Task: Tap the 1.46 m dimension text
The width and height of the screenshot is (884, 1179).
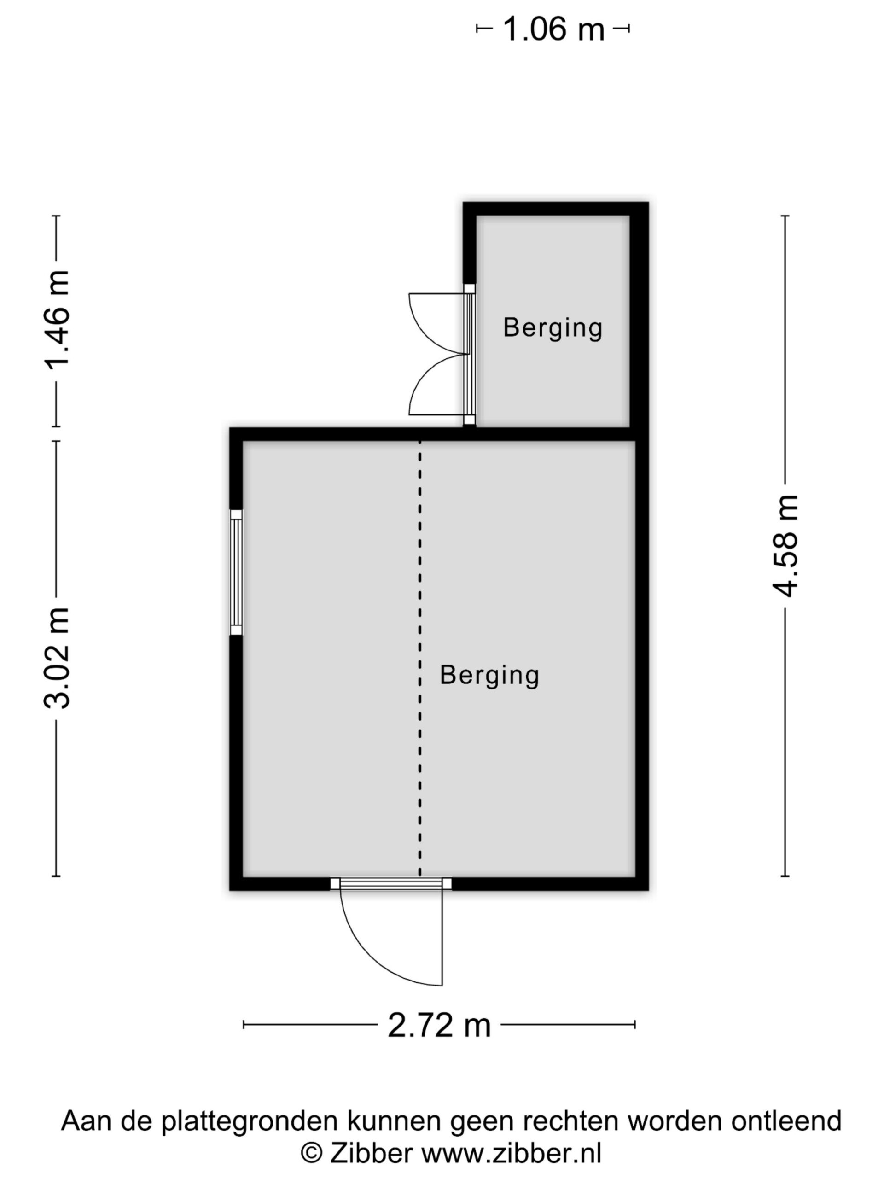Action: coord(57,320)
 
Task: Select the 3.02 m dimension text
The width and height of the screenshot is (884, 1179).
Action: coord(57,658)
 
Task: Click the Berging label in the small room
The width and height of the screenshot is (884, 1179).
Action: coord(552,328)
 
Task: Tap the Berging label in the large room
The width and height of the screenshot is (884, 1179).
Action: coord(489,675)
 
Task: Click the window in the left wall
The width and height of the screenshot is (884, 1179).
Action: coord(236,572)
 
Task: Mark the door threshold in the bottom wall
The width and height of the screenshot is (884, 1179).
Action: coord(391,884)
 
